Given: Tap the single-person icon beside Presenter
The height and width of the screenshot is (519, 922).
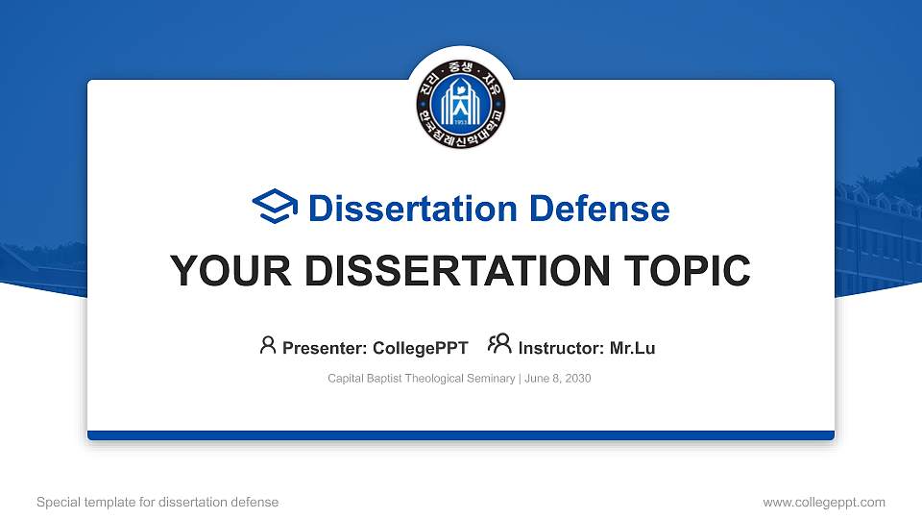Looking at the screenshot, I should coord(268,346).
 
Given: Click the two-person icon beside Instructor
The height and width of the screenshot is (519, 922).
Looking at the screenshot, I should coord(499,346).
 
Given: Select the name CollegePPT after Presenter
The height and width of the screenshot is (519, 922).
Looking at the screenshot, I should coord(420,348).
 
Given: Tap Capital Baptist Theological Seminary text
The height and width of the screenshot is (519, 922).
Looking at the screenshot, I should coord(421,379).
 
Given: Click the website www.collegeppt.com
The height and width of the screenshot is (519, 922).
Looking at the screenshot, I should coord(823,503).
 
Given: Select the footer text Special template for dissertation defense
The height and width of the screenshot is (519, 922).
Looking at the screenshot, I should coord(158,503).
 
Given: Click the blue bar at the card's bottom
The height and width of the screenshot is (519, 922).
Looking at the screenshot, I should coord(461,435).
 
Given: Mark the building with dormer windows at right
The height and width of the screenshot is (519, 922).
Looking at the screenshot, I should coord(876,231).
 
